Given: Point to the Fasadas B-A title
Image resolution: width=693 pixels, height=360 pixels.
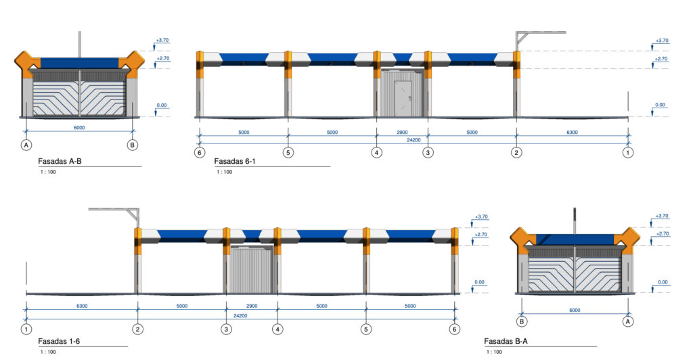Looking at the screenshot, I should tap(506, 341).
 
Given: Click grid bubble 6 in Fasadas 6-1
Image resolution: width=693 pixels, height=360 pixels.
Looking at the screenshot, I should tap(199, 153).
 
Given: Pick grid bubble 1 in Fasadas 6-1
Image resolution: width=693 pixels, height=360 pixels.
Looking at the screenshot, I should tap(629, 153).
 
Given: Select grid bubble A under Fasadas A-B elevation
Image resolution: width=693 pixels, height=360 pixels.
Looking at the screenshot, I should tap(26, 145).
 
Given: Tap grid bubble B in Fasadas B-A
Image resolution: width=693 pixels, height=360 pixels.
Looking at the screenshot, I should tap(522, 322).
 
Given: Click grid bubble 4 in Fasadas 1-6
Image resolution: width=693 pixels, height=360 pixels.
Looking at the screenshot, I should tap(277, 329).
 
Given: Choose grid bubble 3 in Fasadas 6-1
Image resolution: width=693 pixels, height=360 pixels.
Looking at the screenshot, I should tap(428, 153).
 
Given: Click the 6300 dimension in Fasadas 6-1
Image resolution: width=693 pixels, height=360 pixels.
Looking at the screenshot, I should tap(572, 133).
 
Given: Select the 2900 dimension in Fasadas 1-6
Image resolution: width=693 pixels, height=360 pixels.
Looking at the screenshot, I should tap(252, 306).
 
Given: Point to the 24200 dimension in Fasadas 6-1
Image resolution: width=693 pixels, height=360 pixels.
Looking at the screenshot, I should tap(413, 140).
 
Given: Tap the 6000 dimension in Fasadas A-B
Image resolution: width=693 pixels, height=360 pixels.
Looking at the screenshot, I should tap(79, 127).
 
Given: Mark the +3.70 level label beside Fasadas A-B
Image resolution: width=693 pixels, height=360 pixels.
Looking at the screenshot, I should tap(162, 41).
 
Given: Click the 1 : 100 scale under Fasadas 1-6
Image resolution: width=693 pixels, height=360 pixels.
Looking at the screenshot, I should tap(47, 352).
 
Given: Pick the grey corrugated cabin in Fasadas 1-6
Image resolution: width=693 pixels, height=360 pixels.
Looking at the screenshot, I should tap(250, 270).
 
